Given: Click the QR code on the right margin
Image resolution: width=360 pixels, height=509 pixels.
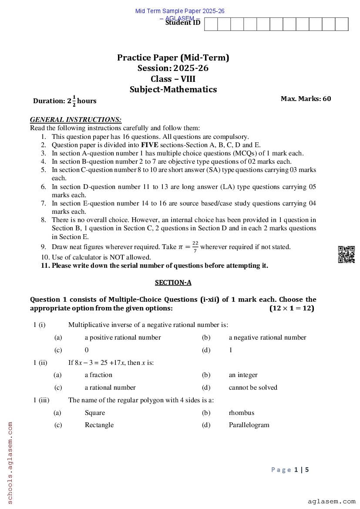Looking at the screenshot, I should pos(347,254).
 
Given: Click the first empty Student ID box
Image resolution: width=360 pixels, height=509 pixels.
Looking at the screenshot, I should pos(211,24).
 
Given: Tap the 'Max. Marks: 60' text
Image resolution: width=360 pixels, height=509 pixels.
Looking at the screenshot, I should pos(306,98).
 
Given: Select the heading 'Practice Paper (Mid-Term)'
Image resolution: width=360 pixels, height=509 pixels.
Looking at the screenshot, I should pos(173,57).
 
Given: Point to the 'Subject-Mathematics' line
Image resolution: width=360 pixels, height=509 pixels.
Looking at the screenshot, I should pos(173,89).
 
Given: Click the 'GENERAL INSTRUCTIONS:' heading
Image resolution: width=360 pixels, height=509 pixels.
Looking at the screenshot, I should pos(76,119).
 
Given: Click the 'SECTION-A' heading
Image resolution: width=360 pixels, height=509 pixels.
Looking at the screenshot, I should pos(173,283).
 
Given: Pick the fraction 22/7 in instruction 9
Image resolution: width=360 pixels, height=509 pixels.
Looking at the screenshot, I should pos(195,247).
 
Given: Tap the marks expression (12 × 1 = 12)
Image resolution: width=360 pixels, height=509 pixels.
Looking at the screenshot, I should pos(292,308).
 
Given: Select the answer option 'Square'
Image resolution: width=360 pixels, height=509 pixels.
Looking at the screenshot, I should pos(94,413).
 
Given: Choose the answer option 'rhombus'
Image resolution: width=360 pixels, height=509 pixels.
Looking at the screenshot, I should pos(241,413).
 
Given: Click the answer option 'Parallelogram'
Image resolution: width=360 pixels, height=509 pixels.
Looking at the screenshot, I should pos(249,425).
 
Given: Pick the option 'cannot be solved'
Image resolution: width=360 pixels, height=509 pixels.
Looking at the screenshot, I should pos(253,388).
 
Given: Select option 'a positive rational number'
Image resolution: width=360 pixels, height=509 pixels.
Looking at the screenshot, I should pos(123,337).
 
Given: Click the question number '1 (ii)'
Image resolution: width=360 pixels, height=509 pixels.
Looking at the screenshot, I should pos(40,362).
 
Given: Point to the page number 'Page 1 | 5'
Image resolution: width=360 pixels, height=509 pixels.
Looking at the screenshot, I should pos(290,469).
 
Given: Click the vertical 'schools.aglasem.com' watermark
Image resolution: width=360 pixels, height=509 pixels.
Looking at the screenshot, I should pos(10,462).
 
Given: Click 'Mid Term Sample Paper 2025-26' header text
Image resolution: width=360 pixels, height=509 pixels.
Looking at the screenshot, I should pos(180,11).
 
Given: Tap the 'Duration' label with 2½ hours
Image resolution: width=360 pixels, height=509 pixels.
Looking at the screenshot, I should pos(64,101).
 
